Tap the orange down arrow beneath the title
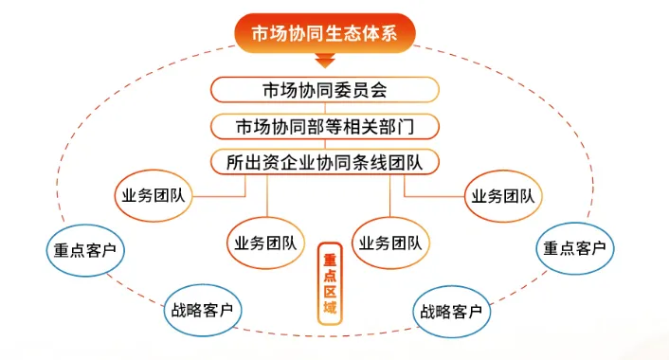click(x=325, y=63)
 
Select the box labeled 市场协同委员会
click(x=325, y=91)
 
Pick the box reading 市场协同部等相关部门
click(x=325, y=126)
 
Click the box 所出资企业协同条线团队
click(x=325, y=161)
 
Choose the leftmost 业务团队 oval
click(x=154, y=198)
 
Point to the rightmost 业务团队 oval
click(x=501, y=197)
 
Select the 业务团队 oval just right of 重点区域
click(x=390, y=243)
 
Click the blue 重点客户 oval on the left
click(x=84, y=250)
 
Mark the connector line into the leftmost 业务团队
click(x=223, y=196)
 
